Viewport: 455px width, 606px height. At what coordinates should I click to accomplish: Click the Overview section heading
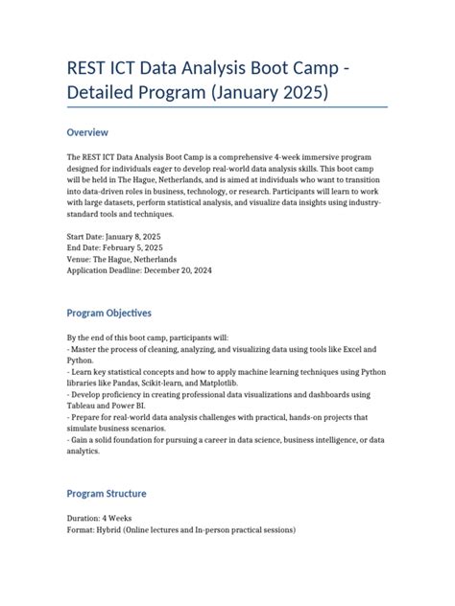point(87,132)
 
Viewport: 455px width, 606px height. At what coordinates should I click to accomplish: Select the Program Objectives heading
point(108,314)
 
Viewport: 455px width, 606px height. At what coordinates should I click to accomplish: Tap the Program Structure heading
point(107,494)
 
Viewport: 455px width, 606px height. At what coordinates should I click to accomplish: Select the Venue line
point(122,259)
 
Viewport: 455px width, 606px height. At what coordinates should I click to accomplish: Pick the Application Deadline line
point(139,270)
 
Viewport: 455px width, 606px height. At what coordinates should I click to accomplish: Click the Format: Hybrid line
point(181,529)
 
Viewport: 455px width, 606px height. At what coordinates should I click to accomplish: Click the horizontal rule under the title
point(227,107)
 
